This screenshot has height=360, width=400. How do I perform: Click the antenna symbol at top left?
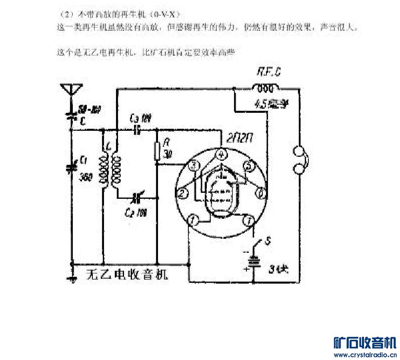(71, 89)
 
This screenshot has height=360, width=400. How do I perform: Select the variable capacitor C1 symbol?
(72, 166)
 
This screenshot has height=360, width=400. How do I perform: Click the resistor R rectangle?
(158, 151)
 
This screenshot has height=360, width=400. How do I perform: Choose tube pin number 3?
(194, 165)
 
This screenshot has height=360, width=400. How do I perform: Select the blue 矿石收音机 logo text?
(364, 343)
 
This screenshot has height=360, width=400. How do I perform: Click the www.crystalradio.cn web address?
(364, 354)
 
